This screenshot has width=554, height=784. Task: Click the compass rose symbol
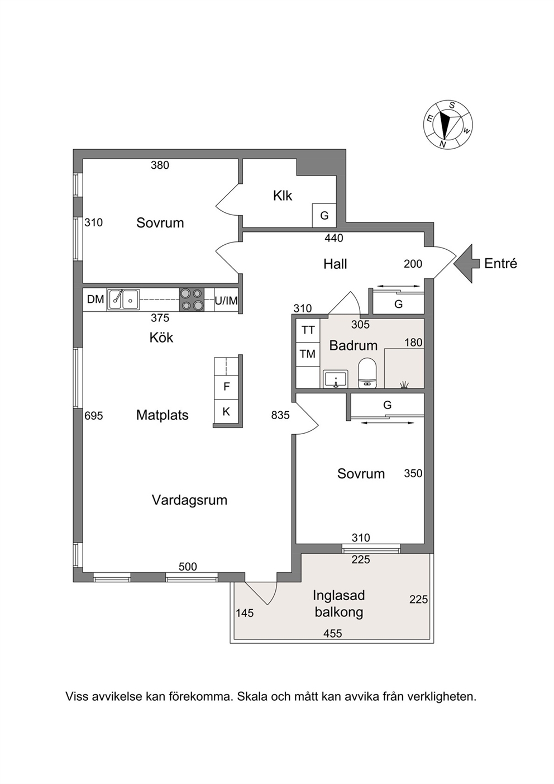pos(448,125)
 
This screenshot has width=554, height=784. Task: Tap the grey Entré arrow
pos(467,264)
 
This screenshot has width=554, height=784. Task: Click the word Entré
pos(500,264)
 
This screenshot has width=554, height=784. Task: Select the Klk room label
pos(282,196)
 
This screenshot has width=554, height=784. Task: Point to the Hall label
pos(335,264)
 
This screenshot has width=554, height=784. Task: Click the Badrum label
pos(354,346)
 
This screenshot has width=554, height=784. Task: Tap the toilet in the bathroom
pos(367,373)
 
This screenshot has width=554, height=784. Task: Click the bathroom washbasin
pos(336,379)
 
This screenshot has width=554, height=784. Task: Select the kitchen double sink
pos(123,300)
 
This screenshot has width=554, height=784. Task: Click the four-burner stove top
pos(192,300)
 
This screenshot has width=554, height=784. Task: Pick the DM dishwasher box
pos(95,300)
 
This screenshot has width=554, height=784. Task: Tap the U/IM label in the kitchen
pos(226,300)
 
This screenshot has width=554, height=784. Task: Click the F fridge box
pos(226,387)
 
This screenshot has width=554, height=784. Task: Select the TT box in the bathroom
pos(308,330)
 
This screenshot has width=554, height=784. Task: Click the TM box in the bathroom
pos(308,354)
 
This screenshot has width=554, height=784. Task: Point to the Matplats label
pos(163,415)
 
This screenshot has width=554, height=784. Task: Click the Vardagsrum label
pos(189,500)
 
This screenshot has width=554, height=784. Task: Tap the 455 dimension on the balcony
pos(333,634)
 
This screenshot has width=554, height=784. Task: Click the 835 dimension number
pos(280,415)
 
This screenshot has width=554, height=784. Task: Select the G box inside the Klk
pos(324,216)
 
